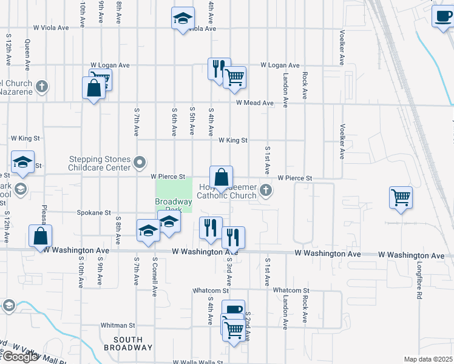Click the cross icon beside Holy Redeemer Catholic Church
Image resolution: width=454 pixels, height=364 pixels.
click(265, 191)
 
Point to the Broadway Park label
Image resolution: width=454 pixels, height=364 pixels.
click(173, 205)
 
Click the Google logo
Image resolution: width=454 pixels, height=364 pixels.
click(19, 357)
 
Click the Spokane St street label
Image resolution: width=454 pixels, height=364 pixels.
click(93, 213)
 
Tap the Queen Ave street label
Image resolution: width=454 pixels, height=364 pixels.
click(28, 55)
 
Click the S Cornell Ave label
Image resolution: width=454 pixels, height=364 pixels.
click(155, 277)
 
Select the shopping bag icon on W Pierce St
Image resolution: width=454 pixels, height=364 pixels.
click(222, 178)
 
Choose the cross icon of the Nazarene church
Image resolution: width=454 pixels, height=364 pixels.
click(42, 86)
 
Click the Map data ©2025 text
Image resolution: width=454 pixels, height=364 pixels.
click(429, 359)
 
